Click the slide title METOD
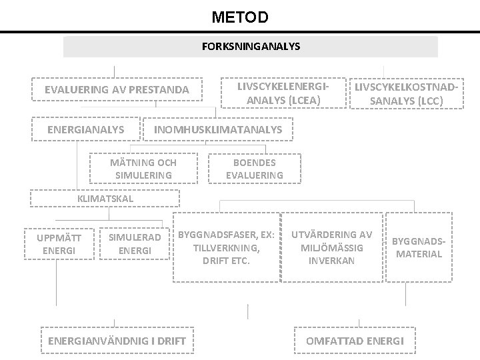(240, 17)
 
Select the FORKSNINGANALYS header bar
(251, 47)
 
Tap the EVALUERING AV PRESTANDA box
(117, 89)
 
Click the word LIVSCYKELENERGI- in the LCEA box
(283, 87)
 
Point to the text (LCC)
(430, 101)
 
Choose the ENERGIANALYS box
(86, 129)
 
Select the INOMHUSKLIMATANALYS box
(218, 129)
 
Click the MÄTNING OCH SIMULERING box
(143, 169)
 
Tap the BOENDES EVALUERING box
(255, 169)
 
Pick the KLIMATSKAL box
(105, 199)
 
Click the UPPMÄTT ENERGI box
(59, 244)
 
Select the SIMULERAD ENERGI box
(135, 244)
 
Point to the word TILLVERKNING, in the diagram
(227, 248)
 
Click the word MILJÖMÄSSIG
(332, 247)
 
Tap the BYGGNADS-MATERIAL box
(419, 247)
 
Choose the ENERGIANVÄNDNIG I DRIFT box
(117, 341)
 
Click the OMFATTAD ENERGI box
(355, 341)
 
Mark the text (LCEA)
(304, 101)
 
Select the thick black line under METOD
(240, 31)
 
